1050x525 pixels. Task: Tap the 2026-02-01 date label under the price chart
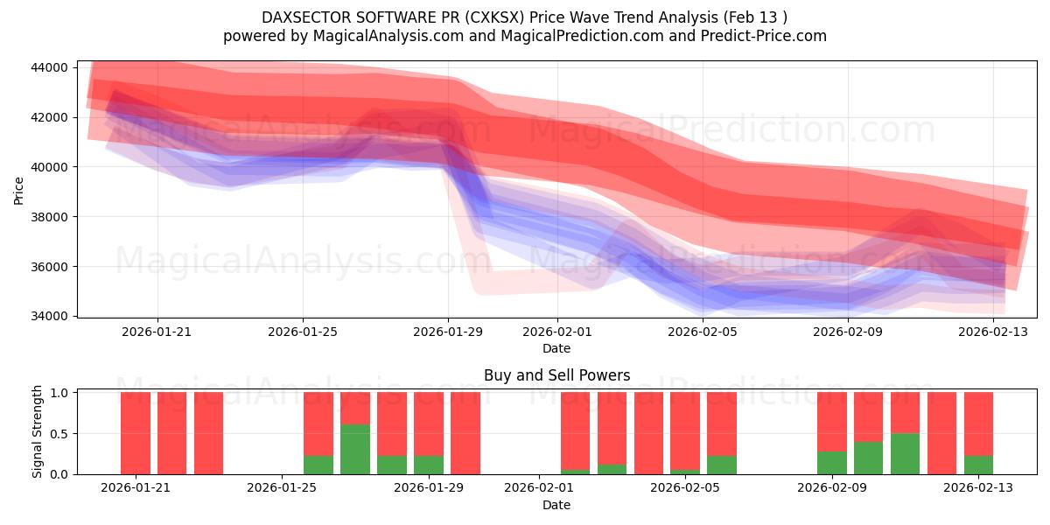(556, 332)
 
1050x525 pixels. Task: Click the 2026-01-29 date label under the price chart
(448, 332)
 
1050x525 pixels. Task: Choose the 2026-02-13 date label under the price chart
(992, 332)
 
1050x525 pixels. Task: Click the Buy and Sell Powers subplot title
(556, 375)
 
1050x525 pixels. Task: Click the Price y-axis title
(19, 190)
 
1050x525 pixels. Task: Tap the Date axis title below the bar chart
(556, 505)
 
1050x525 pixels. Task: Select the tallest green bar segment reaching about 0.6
(354, 450)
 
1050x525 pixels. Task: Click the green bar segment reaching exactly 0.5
(905, 454)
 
